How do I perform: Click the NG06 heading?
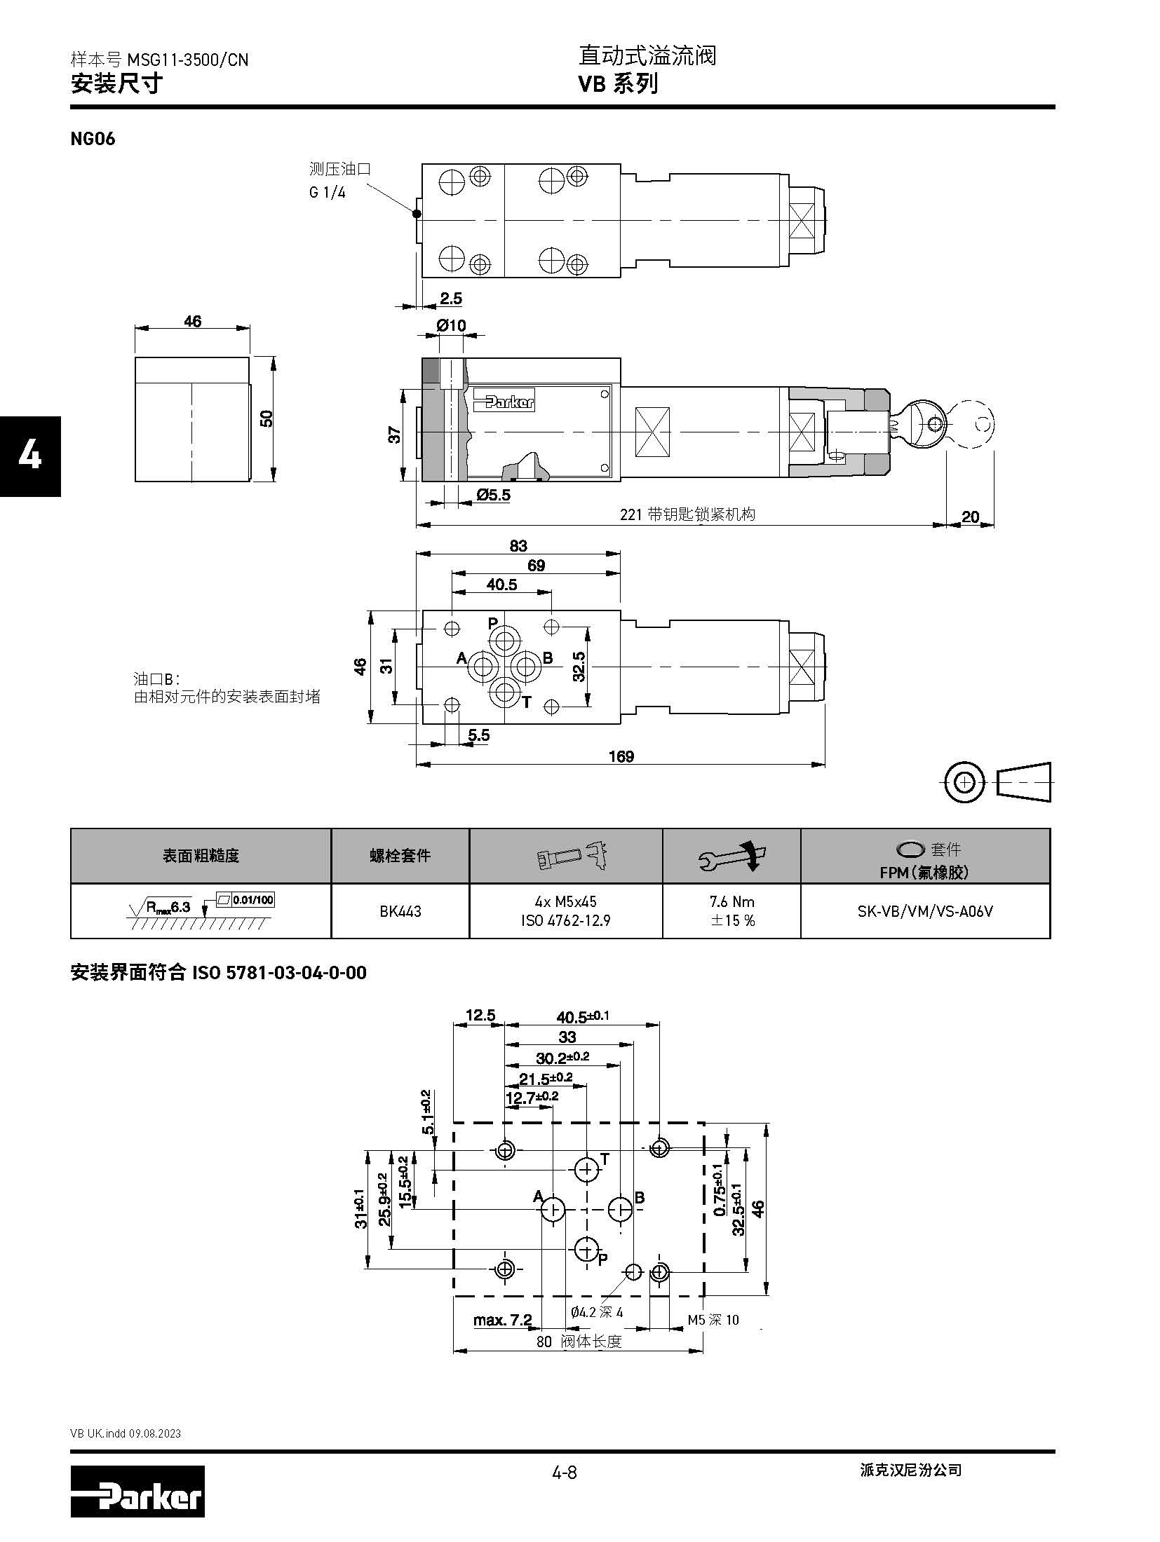93,139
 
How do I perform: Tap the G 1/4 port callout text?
328,192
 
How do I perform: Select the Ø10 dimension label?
450,326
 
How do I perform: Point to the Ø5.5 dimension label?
493,496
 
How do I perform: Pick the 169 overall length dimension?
621,756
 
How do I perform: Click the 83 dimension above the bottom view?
518,545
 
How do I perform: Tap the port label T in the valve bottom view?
527,702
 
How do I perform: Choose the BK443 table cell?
400,911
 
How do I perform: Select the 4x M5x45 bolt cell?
565,911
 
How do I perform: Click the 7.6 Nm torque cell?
731,911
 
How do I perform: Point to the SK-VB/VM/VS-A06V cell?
925,911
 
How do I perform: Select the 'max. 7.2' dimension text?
502,1321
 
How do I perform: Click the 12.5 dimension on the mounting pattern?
480,1016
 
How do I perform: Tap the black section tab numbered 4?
30,456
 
